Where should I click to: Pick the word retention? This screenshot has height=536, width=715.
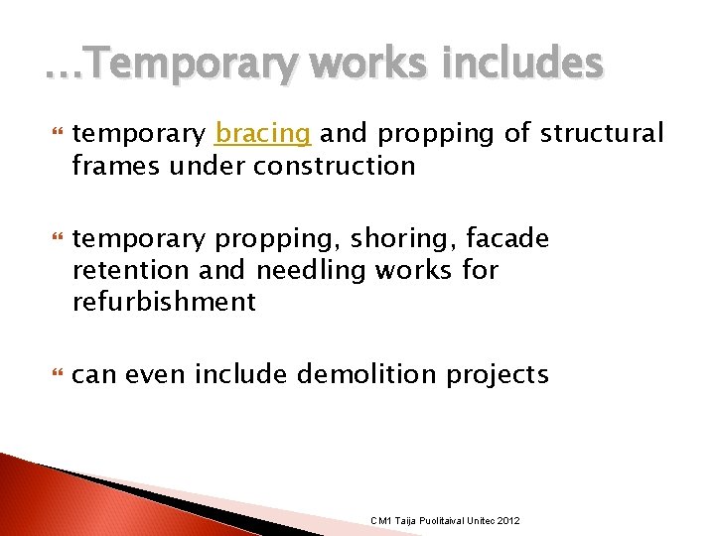130,270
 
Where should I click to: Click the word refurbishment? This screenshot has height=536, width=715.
164,302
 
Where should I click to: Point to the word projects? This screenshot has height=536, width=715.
498,375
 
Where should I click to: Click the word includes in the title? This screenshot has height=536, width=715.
525,66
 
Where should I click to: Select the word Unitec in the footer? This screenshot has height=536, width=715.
481,521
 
